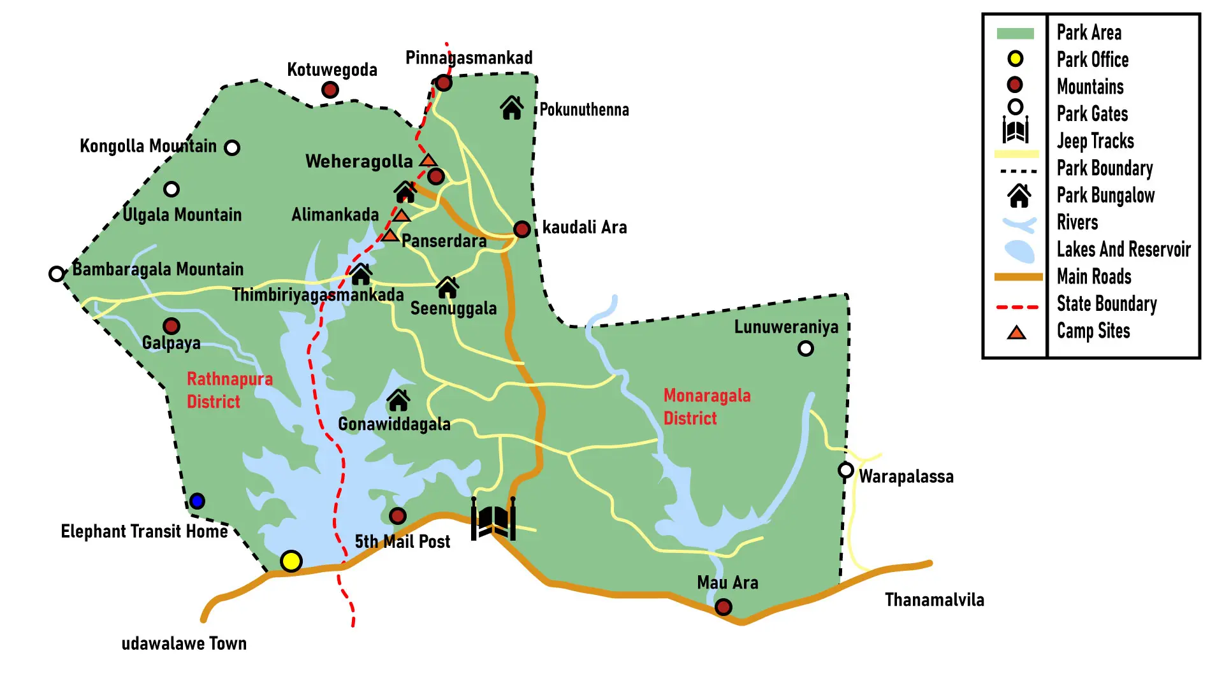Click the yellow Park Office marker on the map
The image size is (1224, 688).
tap(291, 561)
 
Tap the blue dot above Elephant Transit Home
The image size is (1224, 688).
tap(197, 501)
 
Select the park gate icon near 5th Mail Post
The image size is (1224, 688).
tap(493, 519)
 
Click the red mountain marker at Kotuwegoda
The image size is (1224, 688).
tap(330, 90)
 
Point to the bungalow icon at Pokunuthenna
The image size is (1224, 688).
tap(511, 108)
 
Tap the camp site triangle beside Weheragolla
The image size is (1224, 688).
tap(428, 160)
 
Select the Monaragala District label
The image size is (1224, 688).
tap(706, 406)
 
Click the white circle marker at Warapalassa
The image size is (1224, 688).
tap(845, 470)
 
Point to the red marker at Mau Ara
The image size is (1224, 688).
tap(723, 606)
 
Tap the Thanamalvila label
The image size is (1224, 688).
tap(934, 599)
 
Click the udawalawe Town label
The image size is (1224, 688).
tap(184, 643)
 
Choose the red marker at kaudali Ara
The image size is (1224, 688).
tap(521, 229)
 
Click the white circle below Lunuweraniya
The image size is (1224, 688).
tap(805, 348)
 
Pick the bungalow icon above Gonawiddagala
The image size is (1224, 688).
tap(398, 401)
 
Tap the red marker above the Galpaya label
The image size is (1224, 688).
tap(171, 326)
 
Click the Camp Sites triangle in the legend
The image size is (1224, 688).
tap(1016, 333)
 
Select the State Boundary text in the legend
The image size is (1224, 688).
tap(1106, 304)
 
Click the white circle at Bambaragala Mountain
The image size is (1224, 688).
tap(56, 274)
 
